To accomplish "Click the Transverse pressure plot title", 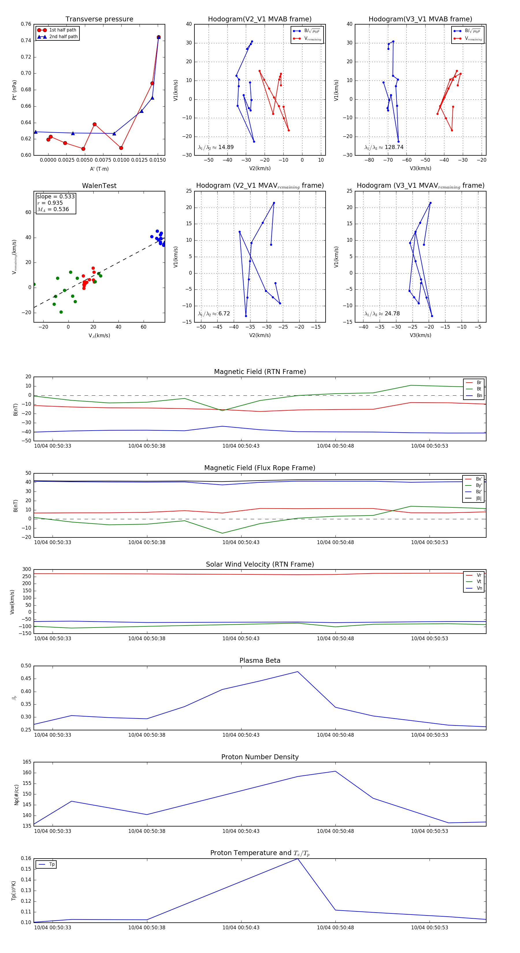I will click(99, 19).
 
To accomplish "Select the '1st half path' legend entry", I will click(62, 30).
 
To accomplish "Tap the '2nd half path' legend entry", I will click(63, 37).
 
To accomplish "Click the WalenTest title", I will click(99, 186).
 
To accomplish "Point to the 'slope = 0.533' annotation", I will click(55, 196).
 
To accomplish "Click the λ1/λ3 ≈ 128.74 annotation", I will click(384, 147).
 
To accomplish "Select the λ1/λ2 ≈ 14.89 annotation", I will click(216, 147).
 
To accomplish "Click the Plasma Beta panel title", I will click(260, 661).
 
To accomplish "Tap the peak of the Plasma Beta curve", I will click(298, 672).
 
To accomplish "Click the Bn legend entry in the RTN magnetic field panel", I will click(479, 395).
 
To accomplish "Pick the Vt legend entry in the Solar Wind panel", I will click(479, 582).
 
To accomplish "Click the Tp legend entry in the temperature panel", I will click(51, 865).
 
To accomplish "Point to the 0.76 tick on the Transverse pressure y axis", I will click(26, 24).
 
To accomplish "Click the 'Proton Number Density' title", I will click(260, 757).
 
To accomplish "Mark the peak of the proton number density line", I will click(335, 771).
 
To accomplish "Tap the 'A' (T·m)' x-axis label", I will click(99, 169).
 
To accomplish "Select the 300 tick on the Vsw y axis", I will click(27, 569).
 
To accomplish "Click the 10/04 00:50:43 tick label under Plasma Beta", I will click(241, 735).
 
